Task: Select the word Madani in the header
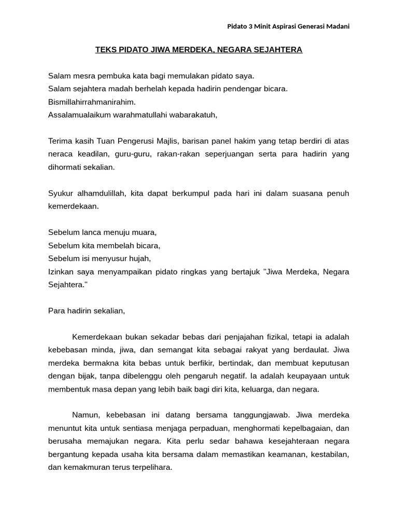pos(337,26)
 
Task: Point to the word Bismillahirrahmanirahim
pos(92,102)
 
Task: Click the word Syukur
pos(61,193)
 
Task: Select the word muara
pos(145,232)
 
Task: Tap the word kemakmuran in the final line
pos(87,467)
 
